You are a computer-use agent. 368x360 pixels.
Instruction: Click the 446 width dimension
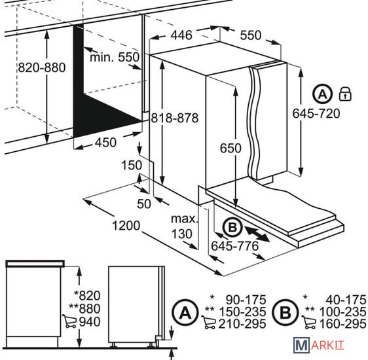tap(181, 35)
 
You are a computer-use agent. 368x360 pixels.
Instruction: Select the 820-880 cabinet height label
tap(42, 67)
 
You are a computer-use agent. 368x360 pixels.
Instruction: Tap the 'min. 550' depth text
tap(115, 57)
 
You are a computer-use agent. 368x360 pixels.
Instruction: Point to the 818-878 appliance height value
tap(175, 118)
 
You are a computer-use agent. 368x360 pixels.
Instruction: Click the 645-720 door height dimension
tap(316, 113)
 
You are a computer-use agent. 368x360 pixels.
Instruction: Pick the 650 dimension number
tap(230, 148)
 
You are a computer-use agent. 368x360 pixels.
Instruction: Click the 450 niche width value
tap(105, 142)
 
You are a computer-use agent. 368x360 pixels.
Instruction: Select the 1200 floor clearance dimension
tap(126, 226)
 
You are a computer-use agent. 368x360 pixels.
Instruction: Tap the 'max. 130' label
tap(185, 226)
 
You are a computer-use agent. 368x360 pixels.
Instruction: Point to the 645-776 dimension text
tap(234, 246)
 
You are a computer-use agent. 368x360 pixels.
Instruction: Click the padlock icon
tap(345, 94)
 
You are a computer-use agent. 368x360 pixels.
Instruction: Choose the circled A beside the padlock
tap(323, 94)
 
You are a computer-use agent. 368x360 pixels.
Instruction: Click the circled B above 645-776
tap(232, 227)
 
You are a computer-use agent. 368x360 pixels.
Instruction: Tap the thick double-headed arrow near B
tap(257, 233)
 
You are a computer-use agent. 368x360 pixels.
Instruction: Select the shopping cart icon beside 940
tap(69, 321)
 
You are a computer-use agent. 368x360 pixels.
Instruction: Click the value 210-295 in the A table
tap(242, 324)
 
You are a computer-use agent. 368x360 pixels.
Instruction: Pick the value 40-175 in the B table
tap(346, 300)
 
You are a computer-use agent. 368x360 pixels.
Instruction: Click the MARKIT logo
tap(319, 345)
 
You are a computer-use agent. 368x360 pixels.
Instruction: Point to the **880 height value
tap(84, 308)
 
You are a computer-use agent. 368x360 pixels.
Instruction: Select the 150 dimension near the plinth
tap(132, 165)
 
